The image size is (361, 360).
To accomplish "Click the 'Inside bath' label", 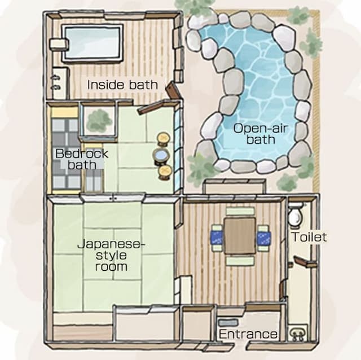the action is [122, 85].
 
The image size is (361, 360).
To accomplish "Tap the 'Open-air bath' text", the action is [261, 134].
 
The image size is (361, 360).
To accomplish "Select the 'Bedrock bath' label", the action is [82, 159].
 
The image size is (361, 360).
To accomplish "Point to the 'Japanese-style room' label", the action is [111, 255].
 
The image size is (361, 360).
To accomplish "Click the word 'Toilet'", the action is [309, 237].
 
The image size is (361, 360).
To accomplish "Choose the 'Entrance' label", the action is [248, 334].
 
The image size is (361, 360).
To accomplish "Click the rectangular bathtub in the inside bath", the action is [92, 43].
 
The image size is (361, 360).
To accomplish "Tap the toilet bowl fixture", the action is [296, 214].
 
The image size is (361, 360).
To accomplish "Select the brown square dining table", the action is [240, 236].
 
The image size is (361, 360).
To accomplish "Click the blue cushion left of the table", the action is [217, 238].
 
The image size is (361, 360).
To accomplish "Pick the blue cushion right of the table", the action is [263, 238].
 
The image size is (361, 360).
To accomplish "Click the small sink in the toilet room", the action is [297, 333].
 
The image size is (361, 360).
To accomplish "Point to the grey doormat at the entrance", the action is [228, 322].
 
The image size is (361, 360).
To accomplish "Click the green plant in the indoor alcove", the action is [99, 120].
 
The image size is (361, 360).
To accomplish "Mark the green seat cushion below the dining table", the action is [240, 261].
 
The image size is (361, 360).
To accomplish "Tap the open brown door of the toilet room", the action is [303, 262].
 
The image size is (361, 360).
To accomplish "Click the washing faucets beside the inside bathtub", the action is [56, 82].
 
